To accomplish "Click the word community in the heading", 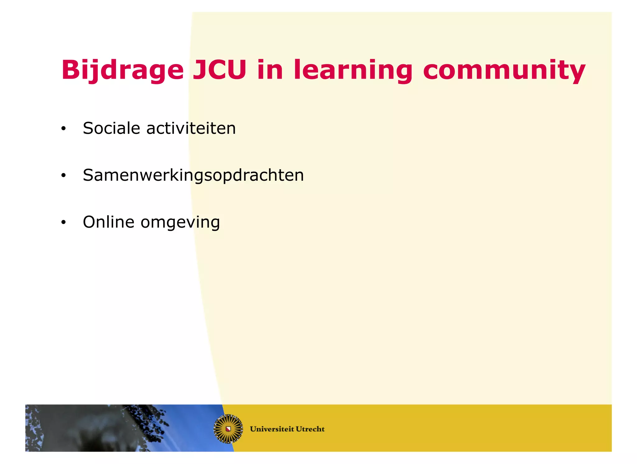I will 504,70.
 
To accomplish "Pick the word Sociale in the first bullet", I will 111,128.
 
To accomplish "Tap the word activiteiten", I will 191,128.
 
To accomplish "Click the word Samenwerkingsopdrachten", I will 193,175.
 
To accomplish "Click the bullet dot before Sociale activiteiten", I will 63,128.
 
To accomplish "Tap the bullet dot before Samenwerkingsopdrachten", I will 63,175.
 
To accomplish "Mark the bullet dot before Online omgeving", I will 63,222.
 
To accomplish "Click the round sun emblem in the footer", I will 228,429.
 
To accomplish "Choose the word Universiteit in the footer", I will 272,429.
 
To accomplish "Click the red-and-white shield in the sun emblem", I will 228,429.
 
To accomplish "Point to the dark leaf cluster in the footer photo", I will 149,420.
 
